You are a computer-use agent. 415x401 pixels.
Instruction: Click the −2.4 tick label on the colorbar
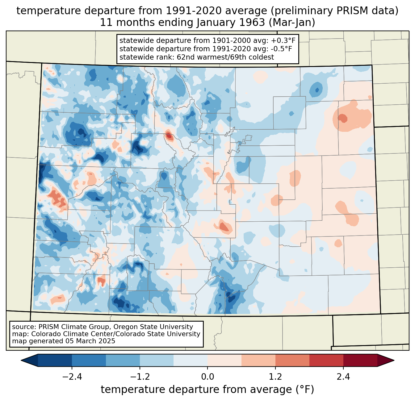(x=72, y=377)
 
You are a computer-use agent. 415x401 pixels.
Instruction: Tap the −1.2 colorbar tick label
(x=140, y=377)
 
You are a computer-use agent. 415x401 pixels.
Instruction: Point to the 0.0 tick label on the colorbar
(x=207, y=377)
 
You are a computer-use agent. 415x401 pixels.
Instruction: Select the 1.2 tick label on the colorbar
(x=275, y=377)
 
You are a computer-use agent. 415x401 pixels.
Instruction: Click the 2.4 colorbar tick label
(x=343, y=377)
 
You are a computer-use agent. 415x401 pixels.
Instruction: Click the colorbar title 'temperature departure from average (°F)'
(x=207, y=390)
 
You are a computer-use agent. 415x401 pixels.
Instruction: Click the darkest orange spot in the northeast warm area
(x=342, y=118)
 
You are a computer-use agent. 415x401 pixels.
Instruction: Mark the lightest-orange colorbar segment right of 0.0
(x=224, y=360)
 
